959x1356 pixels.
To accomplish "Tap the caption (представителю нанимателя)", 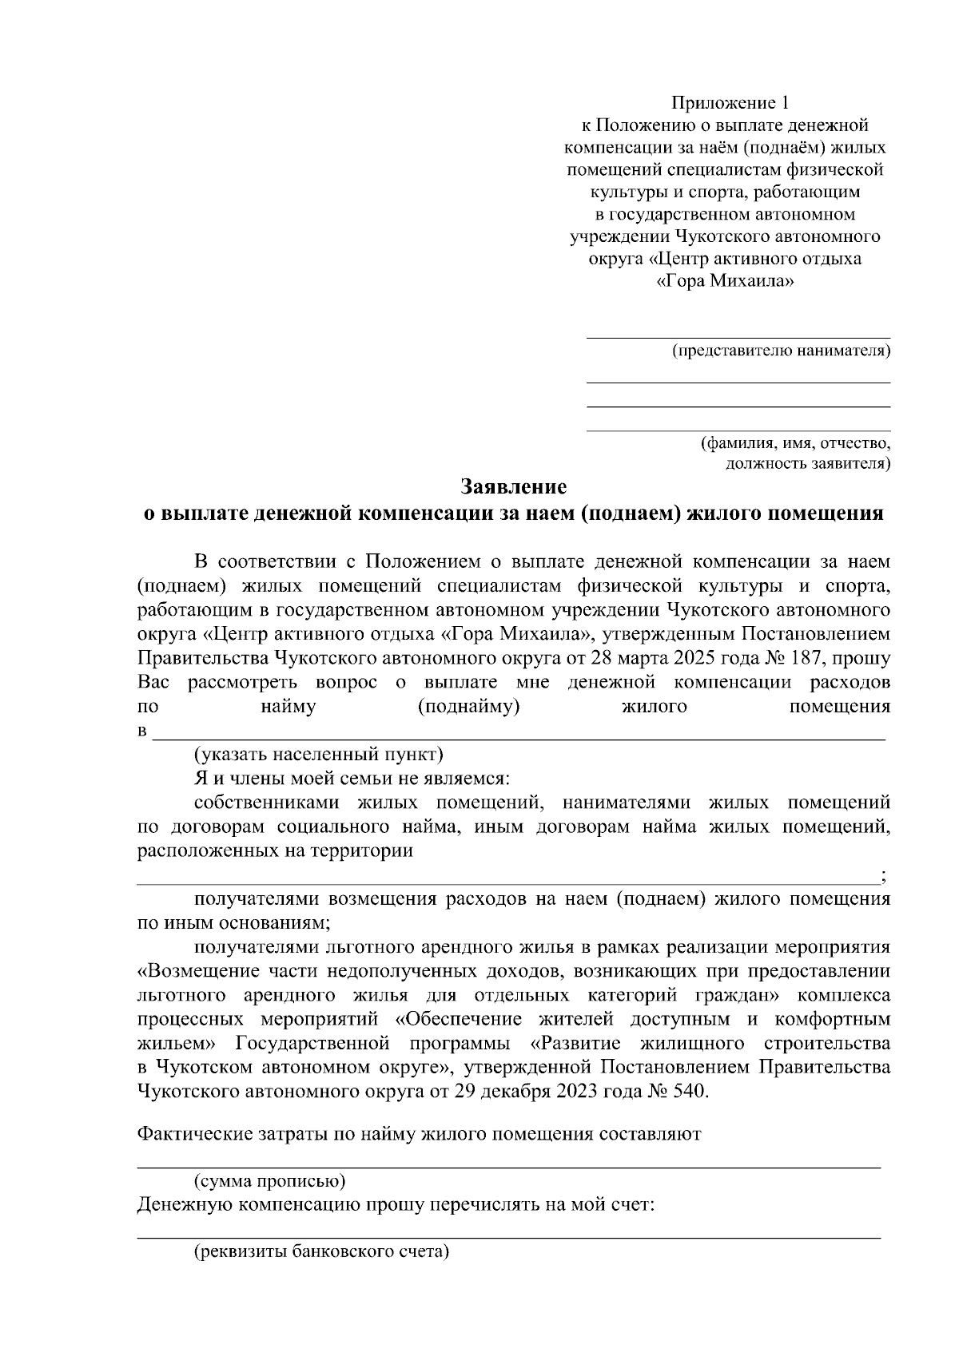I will coord(781,351).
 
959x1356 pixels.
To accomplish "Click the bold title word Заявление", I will coord(513,486).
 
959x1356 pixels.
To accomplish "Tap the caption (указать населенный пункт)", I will coord(318,754).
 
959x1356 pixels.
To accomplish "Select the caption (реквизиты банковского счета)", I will coord(322,1251).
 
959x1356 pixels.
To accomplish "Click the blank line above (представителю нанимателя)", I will coord(738,338).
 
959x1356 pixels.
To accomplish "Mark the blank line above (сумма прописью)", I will coord(508,1168).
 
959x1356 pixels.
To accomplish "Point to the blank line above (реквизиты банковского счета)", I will coord(508,1239).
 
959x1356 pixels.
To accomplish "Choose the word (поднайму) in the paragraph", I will coord(469,707).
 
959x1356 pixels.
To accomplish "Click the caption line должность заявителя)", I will coord(807,463).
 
